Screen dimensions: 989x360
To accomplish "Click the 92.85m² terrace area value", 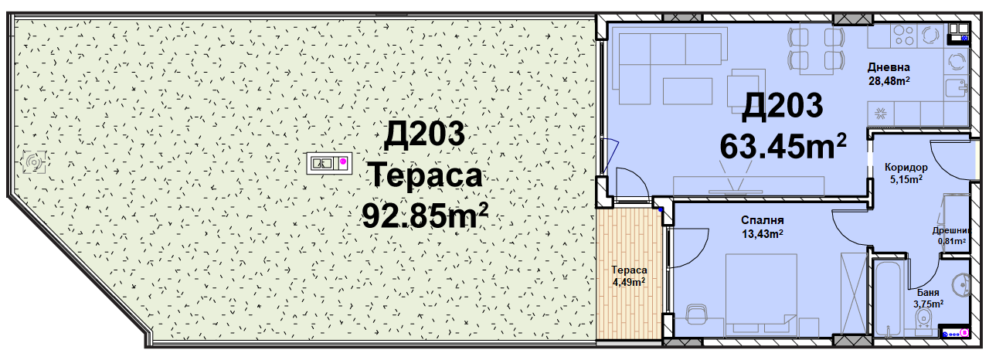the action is pos(425,216).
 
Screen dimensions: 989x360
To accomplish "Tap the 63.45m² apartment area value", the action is pos(783,146).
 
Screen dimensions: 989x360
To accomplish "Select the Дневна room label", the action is pos(889,67).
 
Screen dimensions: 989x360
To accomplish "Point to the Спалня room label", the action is pos(762,220).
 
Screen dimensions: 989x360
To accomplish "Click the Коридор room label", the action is pos(906,167).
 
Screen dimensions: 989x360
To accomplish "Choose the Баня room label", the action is pos(928,293).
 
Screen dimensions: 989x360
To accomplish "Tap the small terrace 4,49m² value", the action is pos(629,282).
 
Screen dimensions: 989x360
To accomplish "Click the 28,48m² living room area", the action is pos(889,81).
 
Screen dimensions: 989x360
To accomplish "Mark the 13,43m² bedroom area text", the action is pos(762,233).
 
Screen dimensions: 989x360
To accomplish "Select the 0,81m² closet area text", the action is pos(951,241).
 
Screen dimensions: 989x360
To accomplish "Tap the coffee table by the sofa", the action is pos(688,91).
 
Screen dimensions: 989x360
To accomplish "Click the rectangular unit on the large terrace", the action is pos(330,163).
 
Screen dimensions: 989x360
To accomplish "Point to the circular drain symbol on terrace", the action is pos(34,162).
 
